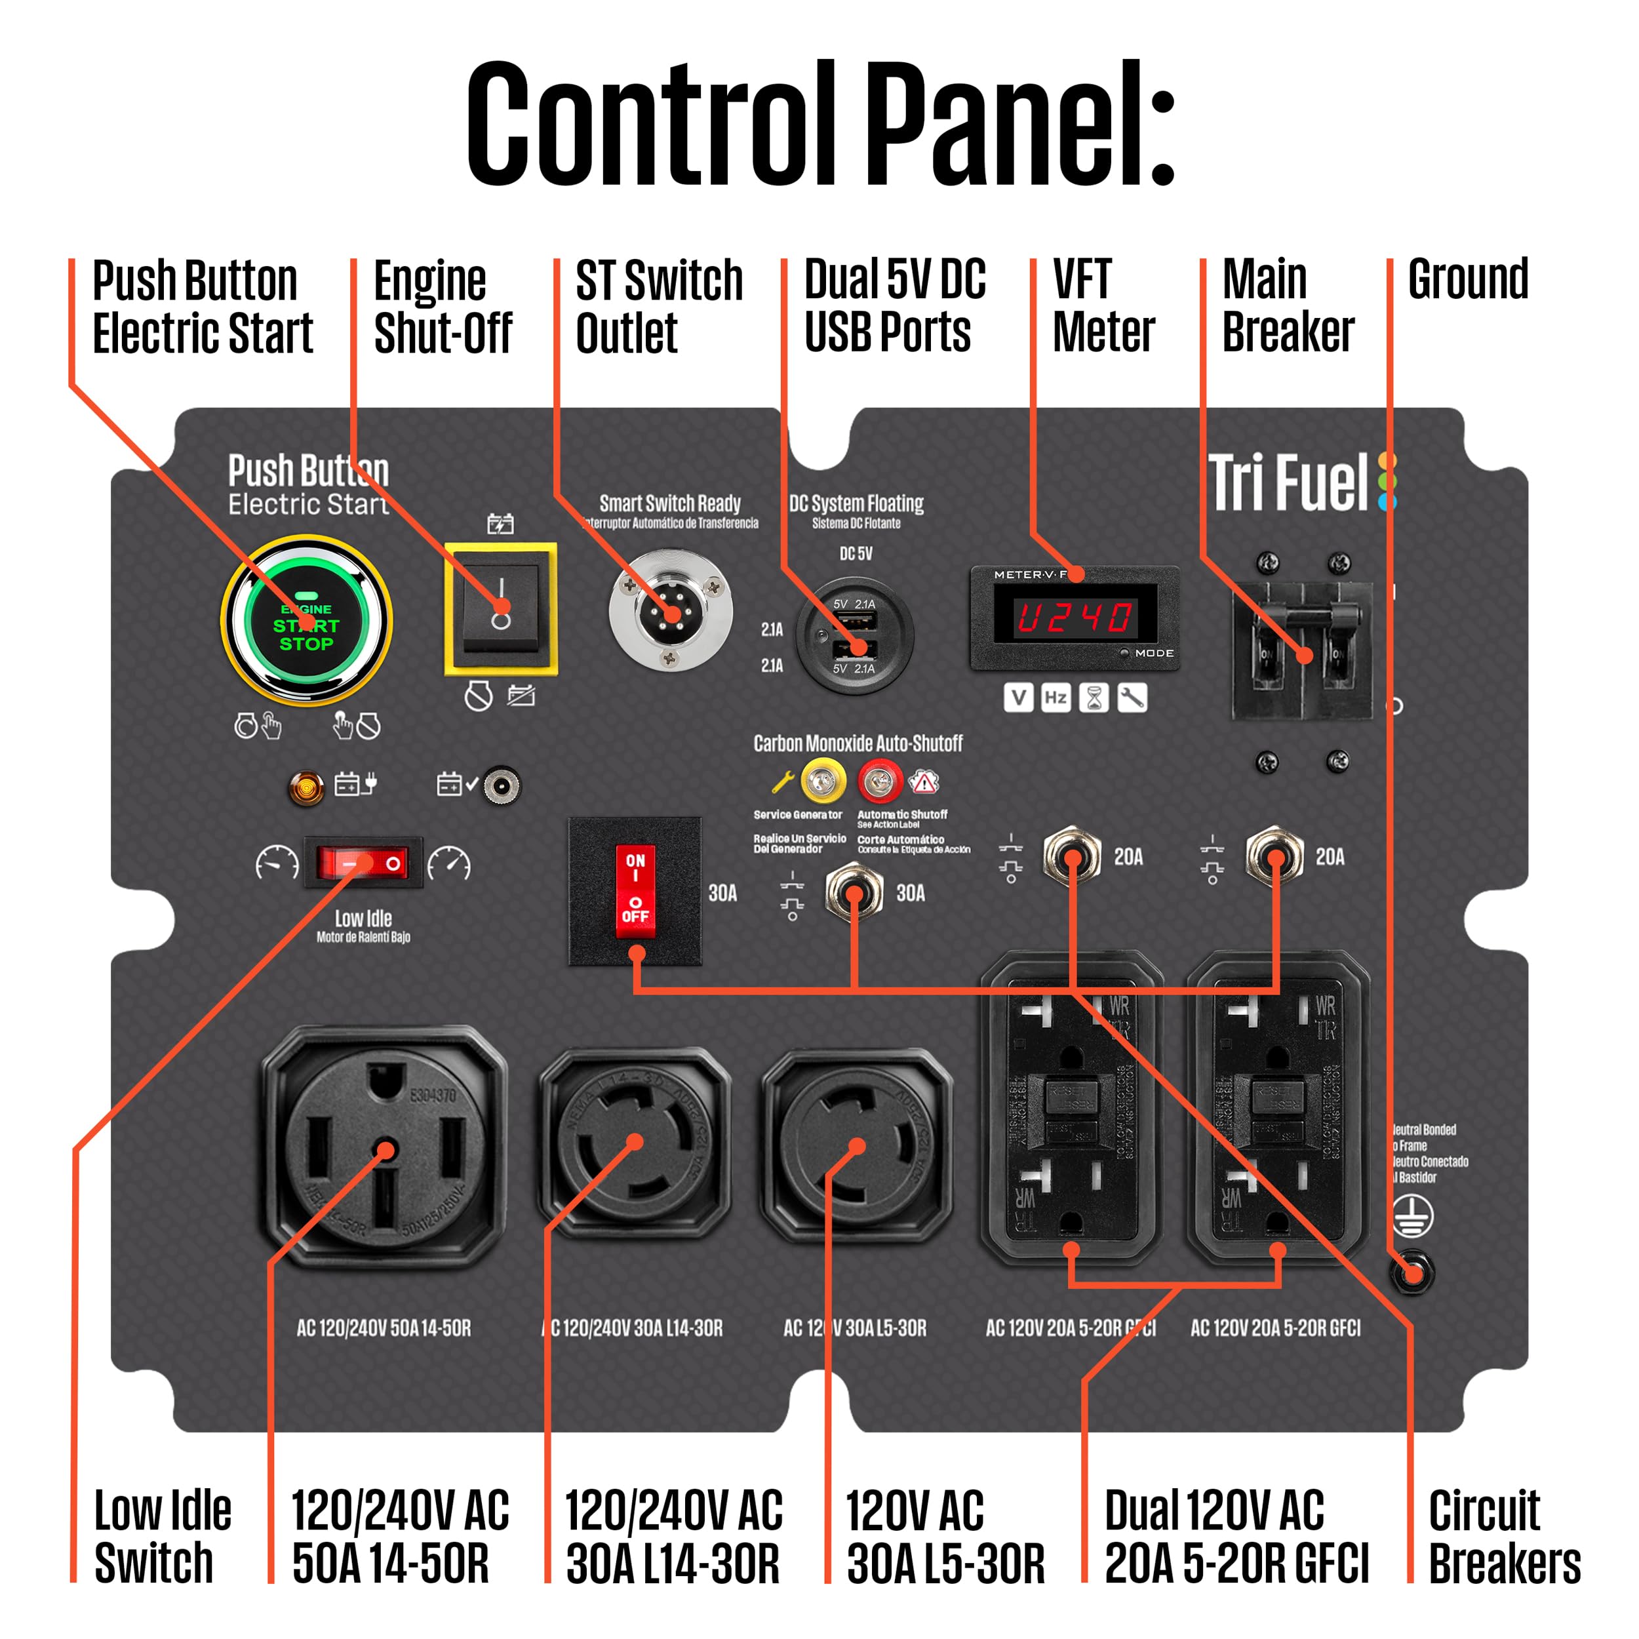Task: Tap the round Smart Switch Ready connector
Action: (670, 609)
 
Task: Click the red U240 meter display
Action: (1075, 617)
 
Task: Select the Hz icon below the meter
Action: (1056, 698)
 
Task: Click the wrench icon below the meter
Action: (1132, 698)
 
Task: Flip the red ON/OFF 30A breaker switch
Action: (635, 891)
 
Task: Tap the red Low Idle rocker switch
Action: (363, 863)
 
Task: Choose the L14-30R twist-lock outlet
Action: (635, 1141)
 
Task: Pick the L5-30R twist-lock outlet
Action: (857, 1141)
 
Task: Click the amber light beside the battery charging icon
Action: (306, 787)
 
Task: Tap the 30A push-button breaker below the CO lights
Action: (854, 891)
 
